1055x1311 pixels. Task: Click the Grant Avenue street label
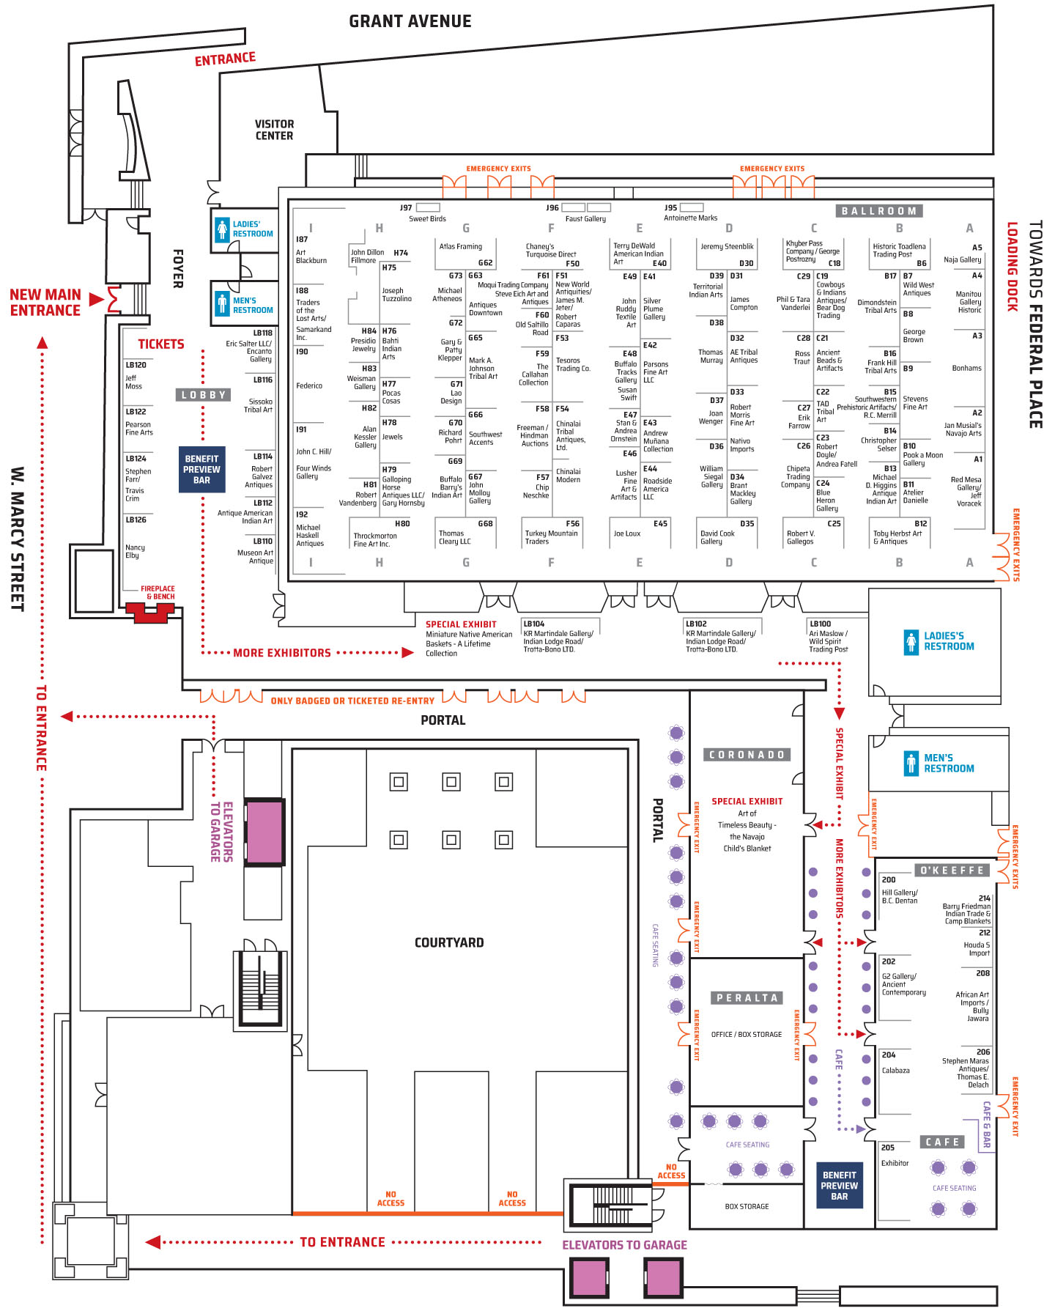[410, 21]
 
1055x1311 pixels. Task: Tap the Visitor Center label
[275, 130]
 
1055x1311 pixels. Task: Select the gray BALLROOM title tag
[879, 211]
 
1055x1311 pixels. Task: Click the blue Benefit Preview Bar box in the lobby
[201, 469]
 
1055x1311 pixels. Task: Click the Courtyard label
[449, 942]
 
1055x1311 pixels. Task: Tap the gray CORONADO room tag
[747, 755]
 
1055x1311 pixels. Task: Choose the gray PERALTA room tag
[747, 997]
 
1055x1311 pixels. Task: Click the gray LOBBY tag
[203, 395]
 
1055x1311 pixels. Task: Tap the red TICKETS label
[161, 344]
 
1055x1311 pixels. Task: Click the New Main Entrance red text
[45, 303]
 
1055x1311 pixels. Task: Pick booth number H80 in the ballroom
[402, 524]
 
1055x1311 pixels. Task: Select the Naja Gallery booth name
[963, 259]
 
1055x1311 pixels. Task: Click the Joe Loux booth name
[627, 533]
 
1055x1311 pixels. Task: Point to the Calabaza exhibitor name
[895, 1071]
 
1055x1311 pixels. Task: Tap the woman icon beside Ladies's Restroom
[911, 642]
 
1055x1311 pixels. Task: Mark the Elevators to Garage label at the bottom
[624, 1245]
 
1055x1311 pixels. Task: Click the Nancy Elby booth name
[135, 551]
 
